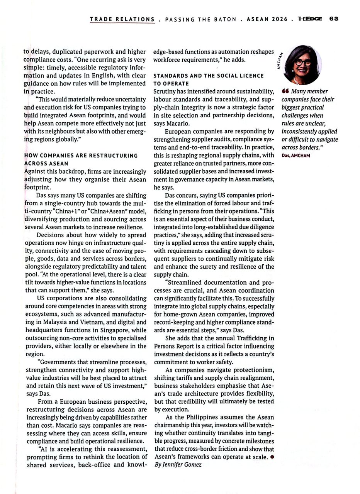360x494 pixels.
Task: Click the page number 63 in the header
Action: (x=334, y=19)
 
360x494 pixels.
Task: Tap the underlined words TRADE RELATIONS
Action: (x=122, y=19)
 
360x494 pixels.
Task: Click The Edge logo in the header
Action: (x=310, y=19)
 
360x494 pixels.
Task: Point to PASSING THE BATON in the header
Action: (x=200, y=19)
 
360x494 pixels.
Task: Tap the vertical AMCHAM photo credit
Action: (x=279, y=61)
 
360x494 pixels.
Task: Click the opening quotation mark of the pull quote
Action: (x=285, y=91)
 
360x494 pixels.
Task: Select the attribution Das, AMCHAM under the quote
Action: (x=296, y=156)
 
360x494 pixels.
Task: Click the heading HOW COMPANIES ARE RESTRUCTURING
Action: (x=81, y=156)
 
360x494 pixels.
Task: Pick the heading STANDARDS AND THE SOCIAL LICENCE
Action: (x=209, y=76)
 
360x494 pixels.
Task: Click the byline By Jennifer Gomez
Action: (x=178, y=465)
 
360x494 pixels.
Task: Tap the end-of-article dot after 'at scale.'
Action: (x=272, y=457)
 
